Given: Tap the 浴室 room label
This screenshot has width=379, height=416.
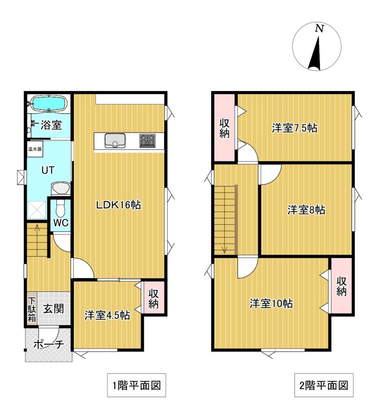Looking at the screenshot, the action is (51, 125).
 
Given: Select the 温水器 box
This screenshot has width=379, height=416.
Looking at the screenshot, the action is (35, 149).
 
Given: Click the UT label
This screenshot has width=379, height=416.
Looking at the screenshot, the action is (48, 170).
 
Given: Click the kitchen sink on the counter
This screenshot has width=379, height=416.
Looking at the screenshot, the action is (115, 141).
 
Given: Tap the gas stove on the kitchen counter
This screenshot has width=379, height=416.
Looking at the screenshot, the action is (148, 141).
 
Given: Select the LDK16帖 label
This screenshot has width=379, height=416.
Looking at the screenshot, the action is (118, 205).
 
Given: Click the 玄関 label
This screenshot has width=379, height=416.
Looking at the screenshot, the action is (53, 309).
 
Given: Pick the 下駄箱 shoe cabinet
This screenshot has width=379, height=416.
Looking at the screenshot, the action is (32, 309).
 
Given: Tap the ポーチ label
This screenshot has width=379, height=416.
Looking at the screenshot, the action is (49, 344).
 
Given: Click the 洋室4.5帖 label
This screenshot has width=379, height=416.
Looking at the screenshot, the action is (107, 315).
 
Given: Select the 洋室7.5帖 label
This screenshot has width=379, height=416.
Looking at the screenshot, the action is (294, 128).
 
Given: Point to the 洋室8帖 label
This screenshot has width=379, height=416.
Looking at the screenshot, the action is (306, 210).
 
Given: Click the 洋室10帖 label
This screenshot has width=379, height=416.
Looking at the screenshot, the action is (271, 303).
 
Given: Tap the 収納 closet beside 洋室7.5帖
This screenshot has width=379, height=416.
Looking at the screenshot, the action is (224, 128).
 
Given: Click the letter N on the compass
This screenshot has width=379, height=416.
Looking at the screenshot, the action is (319, 28).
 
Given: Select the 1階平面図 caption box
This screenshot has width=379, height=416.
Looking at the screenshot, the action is (137, 385).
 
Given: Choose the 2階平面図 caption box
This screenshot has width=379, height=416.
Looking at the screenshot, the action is (324, 385).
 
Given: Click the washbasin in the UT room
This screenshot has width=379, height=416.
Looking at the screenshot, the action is (61, 188).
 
